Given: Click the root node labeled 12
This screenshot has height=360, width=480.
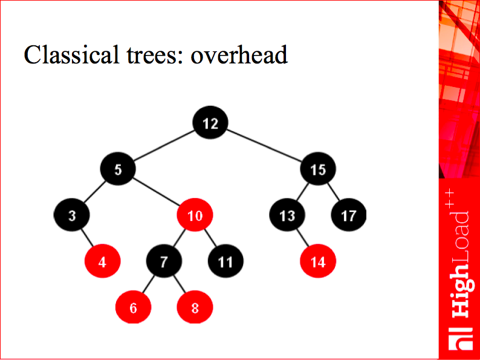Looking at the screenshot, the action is pyautogui.click(x=210, y=123).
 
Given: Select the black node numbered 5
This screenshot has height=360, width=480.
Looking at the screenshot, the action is pyautogui.click(x=118, y=169).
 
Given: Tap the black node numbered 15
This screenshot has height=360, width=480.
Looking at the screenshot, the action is pyautogui.click(x=318, y=169).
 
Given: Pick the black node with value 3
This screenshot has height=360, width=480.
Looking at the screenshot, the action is pyautogui.click(x=71, y=214).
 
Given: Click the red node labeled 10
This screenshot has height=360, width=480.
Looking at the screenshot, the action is pyautogui.click(x=195, y=214).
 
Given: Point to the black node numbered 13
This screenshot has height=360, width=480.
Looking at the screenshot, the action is pyautogui.click(x=287, y=214).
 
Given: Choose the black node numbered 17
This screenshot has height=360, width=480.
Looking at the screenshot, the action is pyautogui.click(x=349, y=214).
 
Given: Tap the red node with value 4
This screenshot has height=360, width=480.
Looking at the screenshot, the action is pyautogui.click(x=103, y=261).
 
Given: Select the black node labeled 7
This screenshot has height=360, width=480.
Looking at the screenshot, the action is pyautogui.click(x=164, y=261).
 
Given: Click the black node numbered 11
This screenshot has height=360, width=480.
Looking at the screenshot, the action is pyautogui.click(x=225, y=261).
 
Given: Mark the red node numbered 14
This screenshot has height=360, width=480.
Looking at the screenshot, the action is pyautogui.click(x=318, y=261).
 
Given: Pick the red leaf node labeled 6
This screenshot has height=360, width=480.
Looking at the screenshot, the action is pyautogui.click(x=133, y=307).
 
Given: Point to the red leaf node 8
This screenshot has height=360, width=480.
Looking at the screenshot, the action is pyautogui.click(x=195, y=307).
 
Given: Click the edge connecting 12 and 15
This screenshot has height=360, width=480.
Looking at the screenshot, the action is pyautogui.click(x=264, y=146).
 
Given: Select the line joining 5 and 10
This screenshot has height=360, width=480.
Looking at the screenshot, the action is pyautogui.click(x=156, y=191).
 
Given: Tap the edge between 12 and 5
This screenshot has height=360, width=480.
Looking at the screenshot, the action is pyautogui.click(x=164, y=146).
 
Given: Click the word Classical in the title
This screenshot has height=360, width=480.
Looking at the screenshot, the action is pyautogui.click(x=71, y=54).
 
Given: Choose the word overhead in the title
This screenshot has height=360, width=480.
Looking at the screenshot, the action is pyautogui.click(x=239, y=54).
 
